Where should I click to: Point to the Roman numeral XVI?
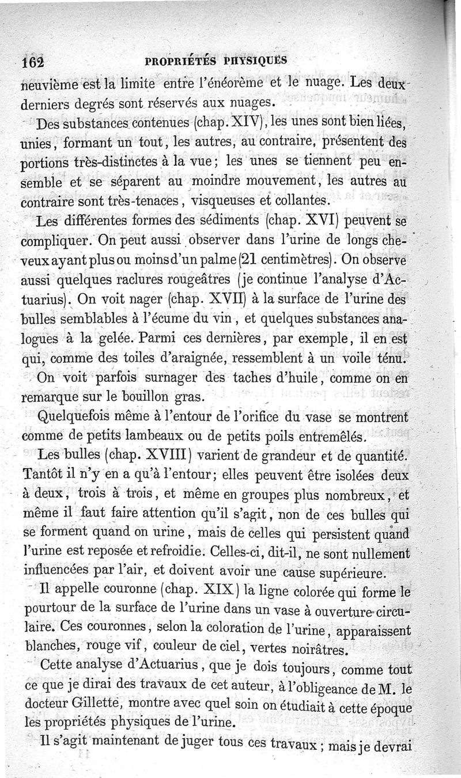pyautogui.click(x=316, y=221)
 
